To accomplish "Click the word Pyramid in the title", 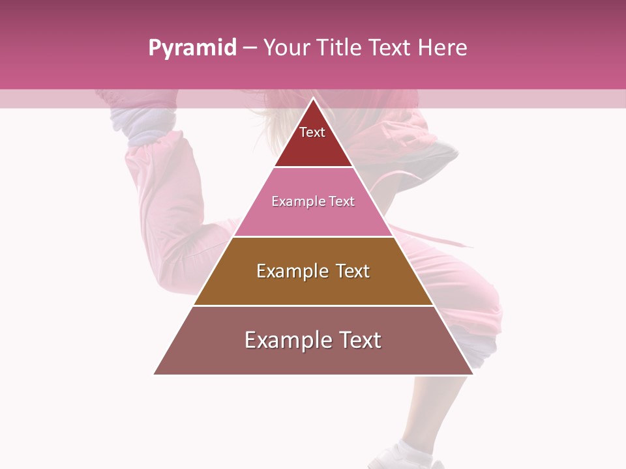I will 192,48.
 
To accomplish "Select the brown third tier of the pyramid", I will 314,287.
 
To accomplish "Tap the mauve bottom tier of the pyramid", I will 314,358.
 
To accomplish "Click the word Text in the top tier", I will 312,132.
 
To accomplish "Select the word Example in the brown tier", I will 291,271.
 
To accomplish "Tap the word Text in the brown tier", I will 353,271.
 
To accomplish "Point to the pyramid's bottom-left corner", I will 154,374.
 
